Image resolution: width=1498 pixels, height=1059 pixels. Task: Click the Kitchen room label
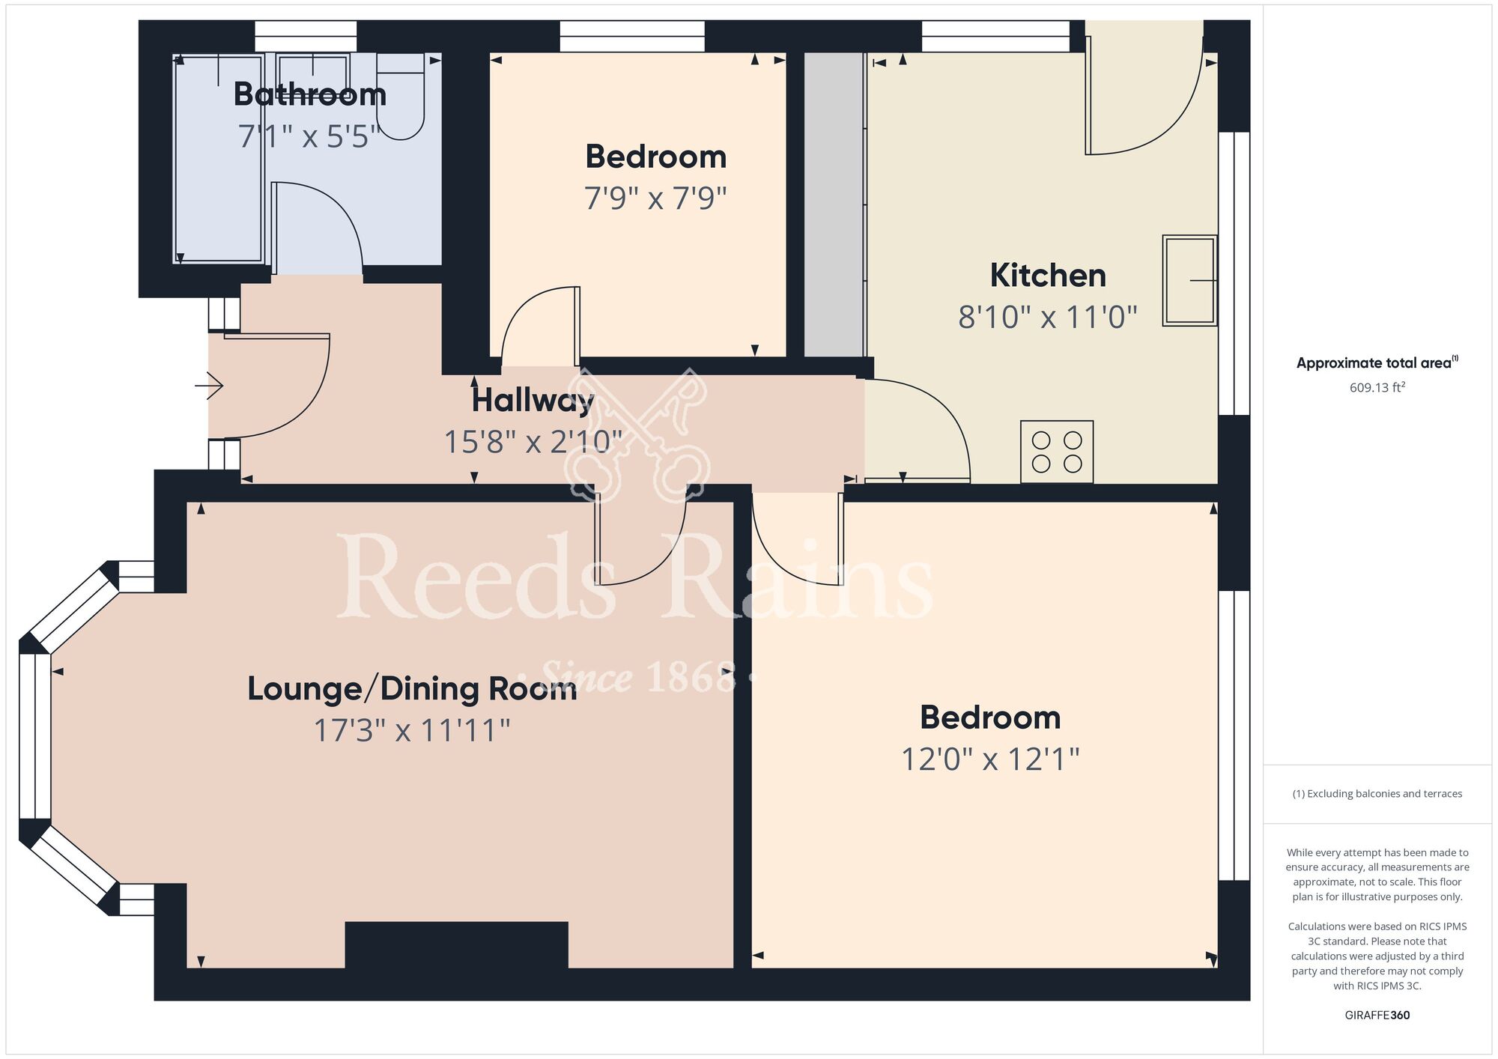click(x=1047, y=276)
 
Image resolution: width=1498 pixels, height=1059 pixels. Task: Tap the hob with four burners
click(x=1056, y=452)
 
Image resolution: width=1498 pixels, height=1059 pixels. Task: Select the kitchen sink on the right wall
click(x=1189, y=280)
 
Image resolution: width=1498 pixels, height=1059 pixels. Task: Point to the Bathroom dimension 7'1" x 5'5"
click(x=309, y=136)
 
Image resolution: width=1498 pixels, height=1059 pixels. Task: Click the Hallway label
click(x=533, y=401)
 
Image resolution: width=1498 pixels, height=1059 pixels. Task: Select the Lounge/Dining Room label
click(x=412, y=689)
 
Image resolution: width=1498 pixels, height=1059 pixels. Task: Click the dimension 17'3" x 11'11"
click(x=412, y=730)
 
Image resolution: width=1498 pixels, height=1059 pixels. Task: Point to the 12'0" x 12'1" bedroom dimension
click(x=989, y=759)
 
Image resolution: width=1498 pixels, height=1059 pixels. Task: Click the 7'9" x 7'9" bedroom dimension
click(x=655, y=198)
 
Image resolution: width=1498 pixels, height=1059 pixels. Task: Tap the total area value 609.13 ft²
click(x=1377, y=387)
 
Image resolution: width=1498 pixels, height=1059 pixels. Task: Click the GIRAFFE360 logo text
click(x=1377, y=1016)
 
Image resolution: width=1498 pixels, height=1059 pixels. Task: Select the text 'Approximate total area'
click(x=1374, y=363)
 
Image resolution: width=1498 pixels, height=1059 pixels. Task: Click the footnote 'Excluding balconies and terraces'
click(x=1377, y=794)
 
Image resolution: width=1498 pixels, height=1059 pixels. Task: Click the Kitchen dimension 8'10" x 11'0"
click(x=1047, y=318)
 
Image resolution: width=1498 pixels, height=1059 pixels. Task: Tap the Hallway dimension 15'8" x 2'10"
click(x=533, y=442)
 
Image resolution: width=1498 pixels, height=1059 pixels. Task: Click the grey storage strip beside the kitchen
click(x=834, y=204)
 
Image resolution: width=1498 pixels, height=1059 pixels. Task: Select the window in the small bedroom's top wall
click(x=632, y=36)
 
